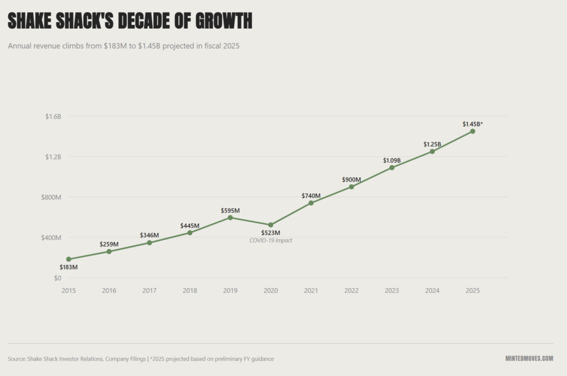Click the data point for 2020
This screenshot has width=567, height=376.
coord(271,225)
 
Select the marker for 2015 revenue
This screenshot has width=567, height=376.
coord(69,259)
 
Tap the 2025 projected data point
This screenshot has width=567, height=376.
coord(472,131)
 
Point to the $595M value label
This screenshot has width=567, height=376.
coord(230,210)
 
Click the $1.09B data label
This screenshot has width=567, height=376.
coord(391,161)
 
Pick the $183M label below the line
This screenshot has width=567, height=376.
coord(69,267)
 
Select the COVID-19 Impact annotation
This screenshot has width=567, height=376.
coord(271,240)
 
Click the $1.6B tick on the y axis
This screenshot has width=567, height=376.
coord(53,116)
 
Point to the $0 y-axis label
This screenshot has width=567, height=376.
coord(57,278)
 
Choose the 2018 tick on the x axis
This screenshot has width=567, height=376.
coord(190,291)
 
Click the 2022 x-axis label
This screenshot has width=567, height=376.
coord(351,291)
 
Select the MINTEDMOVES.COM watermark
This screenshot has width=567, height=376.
coord(529,359)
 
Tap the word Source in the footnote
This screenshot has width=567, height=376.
coord(17,359)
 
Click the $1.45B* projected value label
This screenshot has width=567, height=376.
coord(472,124)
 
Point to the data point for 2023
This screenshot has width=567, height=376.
coord(391,167)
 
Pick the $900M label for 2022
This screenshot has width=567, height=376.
coord(351,180)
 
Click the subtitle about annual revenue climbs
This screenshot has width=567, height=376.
coord(123,47)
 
